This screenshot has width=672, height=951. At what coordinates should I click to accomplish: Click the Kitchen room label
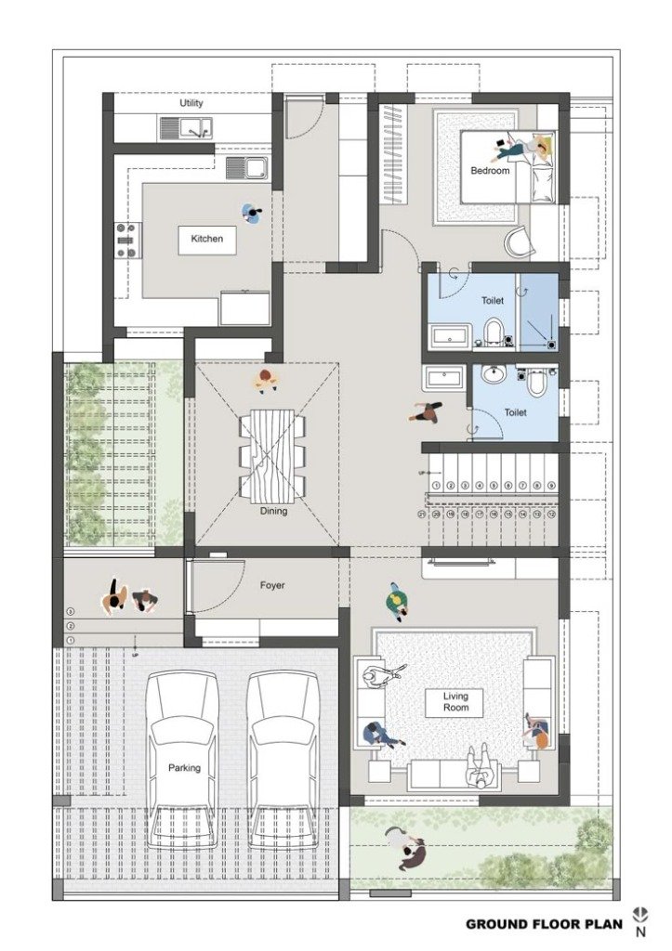coord(207,239)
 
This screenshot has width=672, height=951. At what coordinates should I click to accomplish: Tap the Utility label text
coord(191,103)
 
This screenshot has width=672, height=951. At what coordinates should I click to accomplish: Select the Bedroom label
coord(490,170)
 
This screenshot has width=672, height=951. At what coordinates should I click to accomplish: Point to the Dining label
coord(273,511)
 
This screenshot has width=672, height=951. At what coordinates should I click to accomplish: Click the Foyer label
coord(272,586)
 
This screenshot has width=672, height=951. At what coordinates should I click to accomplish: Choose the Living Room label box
coord(455,702)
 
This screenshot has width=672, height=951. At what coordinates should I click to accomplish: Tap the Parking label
coord(184,768)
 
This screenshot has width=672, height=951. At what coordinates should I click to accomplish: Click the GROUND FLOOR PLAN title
coord(538,924)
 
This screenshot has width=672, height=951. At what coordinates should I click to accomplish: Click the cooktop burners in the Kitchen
coord(125,241)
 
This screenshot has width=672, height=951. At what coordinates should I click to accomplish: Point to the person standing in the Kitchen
coord(252,213)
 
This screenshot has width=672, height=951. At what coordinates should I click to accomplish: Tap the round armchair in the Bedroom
coord(520,242)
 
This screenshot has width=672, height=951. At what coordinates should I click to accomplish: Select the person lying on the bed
coord(526,147)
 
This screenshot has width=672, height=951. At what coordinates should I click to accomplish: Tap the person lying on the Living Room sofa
coord(480,766)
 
